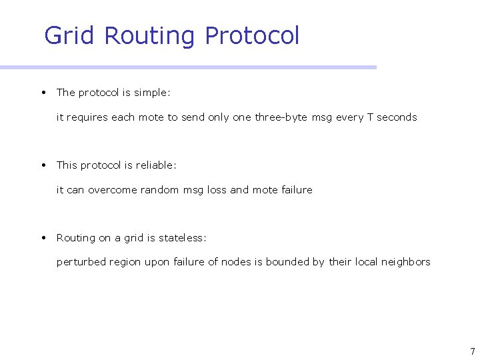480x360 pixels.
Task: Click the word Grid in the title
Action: pyautogui.click(x=69, y=35)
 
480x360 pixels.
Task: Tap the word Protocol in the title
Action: pyautogui.click(x=253, y=35)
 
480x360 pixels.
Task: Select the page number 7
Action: pyautogui.click(x=472, y=351)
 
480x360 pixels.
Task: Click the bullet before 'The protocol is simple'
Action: pyautogui.click(x=43, y=92)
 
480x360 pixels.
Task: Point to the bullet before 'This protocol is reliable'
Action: pyautogui.click(x=43, y=165)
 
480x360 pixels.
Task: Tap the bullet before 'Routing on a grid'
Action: pyautogui.click(x=43, y=237)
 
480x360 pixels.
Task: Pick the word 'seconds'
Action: pyautogui.click(x=397, y=117)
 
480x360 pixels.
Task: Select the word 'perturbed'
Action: pyautogui.click(x=81, y=262)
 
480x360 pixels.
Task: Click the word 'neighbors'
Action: pyautogui.click(x=405, y=262)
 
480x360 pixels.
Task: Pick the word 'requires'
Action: pyautogui.click(x=87, y=117)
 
